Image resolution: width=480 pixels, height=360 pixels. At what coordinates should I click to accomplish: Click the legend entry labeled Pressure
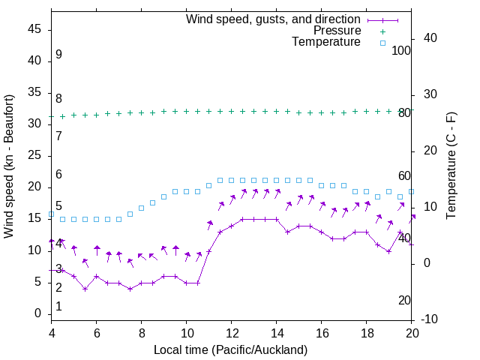coord(337,31)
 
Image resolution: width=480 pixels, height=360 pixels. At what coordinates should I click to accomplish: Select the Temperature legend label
coord(326,42)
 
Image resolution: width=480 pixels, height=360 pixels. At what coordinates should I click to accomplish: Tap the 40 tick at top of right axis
coord(432,38)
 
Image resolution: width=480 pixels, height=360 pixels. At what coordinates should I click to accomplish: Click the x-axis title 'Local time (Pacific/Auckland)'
coord(230,349)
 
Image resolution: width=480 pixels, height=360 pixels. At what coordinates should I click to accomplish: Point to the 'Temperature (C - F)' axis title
coord(451,166)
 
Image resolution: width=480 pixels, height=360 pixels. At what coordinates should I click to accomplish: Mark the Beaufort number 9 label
coord(58,55)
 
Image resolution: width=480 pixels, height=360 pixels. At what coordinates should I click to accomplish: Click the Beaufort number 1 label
coord(58,306)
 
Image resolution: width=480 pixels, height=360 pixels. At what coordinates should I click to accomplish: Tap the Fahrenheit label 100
coord(402,50)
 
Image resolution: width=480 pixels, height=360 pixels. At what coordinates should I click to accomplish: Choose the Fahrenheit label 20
coord(404,300)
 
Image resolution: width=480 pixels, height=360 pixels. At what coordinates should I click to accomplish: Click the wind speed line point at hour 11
coord(209,250)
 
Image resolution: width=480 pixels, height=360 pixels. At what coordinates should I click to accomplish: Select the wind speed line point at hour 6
coord(97,276)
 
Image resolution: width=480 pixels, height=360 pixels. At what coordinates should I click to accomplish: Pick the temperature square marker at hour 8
coord(142,208)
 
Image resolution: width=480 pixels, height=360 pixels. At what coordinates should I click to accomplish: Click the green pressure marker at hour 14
coord(277,111)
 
